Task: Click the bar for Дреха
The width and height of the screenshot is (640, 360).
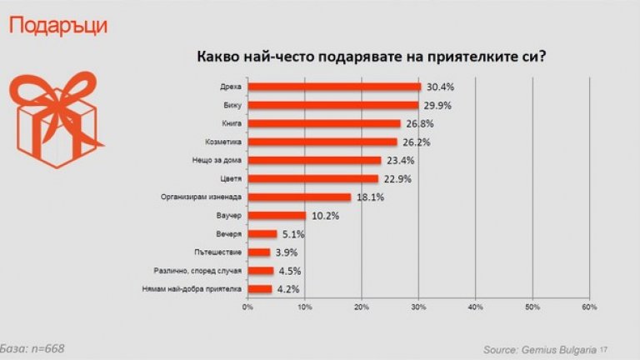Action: (334, 87)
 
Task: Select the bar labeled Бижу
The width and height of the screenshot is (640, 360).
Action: (332, 105)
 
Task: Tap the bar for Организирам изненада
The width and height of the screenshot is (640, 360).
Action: (299, 197)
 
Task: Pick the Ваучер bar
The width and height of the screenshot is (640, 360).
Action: (277, 216)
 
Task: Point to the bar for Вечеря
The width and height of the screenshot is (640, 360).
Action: (262, 234)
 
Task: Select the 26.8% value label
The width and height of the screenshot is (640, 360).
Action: (417, 123)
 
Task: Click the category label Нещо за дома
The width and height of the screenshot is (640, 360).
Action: (217, 160)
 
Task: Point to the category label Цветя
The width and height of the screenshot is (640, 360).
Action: (229, 179)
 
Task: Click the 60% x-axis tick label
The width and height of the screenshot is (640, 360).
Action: (589, 307)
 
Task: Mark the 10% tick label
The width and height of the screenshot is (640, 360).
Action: (305, 307)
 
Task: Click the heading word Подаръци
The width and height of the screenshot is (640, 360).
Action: (57, 26)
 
